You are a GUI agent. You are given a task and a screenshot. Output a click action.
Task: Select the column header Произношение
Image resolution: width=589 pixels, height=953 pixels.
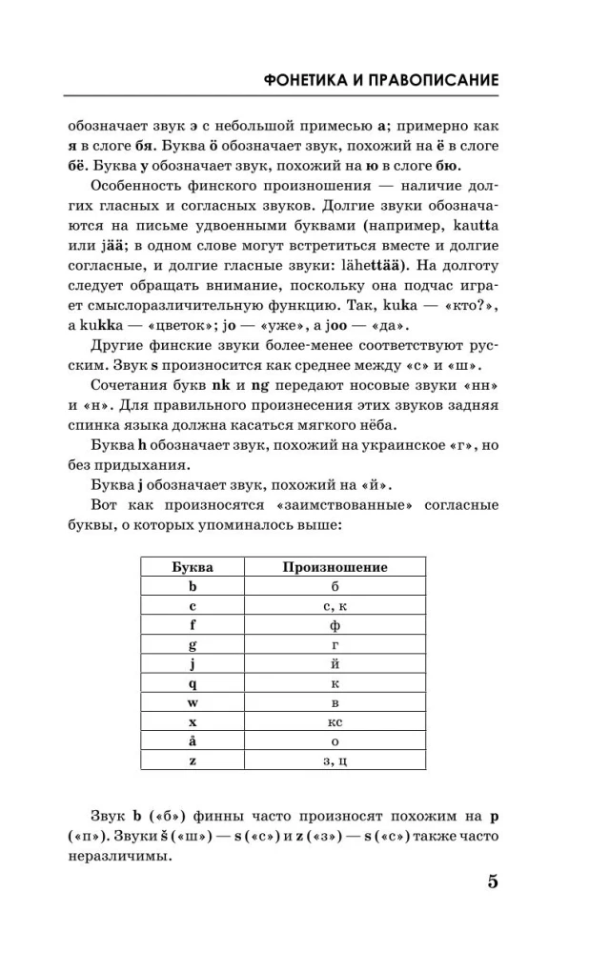click(x=335, y=567)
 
